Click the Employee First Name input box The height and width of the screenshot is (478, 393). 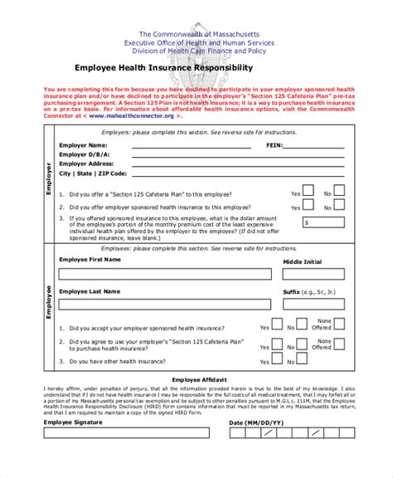point(165,274)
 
